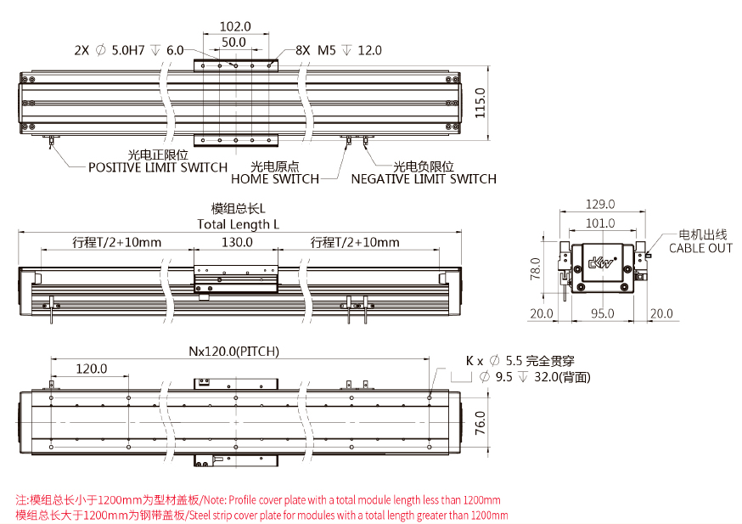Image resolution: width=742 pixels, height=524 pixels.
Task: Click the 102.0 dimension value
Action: click(234, 25)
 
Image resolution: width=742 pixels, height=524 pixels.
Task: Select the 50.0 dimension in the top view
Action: click(233, 42)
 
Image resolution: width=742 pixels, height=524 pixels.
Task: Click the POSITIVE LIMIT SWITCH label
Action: click(158, 167)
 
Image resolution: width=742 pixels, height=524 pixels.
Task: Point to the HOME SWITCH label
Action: click(275, 179)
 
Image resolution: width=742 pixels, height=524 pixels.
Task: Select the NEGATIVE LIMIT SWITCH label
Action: click(424, 179)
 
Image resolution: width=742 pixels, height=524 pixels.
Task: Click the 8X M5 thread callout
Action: click(339, 51)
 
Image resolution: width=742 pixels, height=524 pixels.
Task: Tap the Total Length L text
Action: click(239, 224)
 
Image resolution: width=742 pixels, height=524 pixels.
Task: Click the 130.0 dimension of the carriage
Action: click(237, 242)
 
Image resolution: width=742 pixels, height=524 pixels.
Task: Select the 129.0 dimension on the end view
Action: click(600, 204)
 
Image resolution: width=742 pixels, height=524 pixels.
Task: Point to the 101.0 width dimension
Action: click(600, 223)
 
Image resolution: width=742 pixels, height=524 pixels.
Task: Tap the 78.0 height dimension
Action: click(536, 269)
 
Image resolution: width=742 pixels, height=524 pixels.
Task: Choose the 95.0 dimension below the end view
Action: click(602, 313)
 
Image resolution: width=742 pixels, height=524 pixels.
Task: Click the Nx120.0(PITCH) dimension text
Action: click(234, 351)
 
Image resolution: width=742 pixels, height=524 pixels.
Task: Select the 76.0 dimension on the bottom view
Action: click(481, 422)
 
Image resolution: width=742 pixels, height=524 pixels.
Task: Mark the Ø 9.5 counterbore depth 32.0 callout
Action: click(534, 377)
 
